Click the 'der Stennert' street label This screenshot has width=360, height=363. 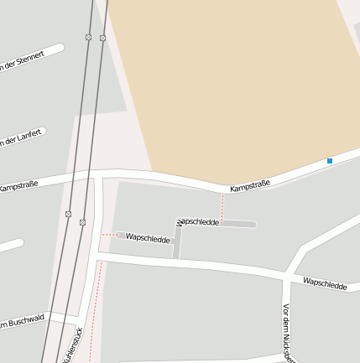pos(23,61)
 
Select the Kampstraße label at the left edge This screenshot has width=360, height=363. pos(18,184)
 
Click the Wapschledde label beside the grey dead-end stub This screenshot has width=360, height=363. pos(199,221)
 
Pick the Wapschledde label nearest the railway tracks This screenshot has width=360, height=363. pos(148,237)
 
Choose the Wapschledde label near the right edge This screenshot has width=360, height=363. pos(325,285)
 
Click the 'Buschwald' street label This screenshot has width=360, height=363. pos(23,322)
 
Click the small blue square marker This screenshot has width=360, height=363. pos(330,160)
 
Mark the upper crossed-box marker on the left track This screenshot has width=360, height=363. pos(88,37)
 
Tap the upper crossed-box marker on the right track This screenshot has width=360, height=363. pos(102,38)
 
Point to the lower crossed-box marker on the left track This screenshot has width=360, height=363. pos(68,214)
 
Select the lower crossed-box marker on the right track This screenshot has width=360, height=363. pos(82,222)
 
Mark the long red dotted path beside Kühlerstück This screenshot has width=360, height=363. pos(95,302)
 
